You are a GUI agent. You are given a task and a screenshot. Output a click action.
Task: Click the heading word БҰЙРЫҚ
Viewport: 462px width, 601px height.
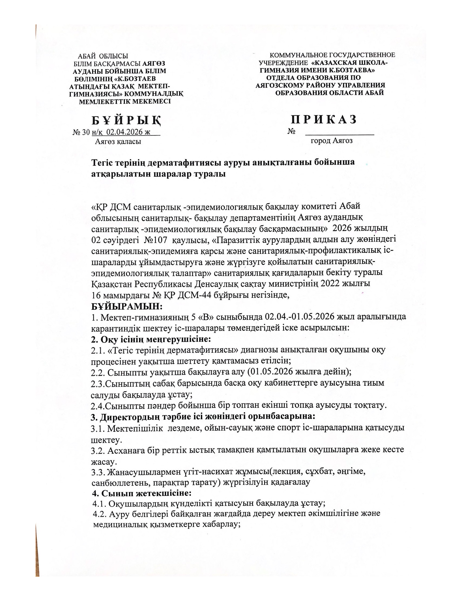126,120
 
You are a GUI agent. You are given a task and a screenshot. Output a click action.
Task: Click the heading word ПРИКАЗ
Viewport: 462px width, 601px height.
324,119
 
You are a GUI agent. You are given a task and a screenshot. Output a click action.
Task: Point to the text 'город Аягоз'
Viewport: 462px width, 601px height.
331,141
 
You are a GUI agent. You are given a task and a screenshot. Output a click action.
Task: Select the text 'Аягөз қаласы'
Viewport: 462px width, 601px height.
118,142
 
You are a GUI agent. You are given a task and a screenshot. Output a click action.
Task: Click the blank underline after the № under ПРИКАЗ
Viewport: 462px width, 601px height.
339,133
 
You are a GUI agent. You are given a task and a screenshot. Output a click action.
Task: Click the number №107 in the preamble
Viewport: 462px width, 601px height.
155,240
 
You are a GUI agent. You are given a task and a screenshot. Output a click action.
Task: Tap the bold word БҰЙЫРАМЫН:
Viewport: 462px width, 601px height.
127,306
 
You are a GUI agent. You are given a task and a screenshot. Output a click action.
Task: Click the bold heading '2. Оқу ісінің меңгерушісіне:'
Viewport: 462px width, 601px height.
151,339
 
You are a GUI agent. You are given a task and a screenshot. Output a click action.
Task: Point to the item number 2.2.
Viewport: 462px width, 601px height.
98,372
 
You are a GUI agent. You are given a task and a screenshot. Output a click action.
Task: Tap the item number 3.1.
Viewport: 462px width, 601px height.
98,428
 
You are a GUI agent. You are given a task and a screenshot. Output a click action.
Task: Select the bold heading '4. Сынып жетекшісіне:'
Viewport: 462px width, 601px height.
142,493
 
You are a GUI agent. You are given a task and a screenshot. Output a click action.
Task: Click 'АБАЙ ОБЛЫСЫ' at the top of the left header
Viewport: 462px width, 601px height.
103,57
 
